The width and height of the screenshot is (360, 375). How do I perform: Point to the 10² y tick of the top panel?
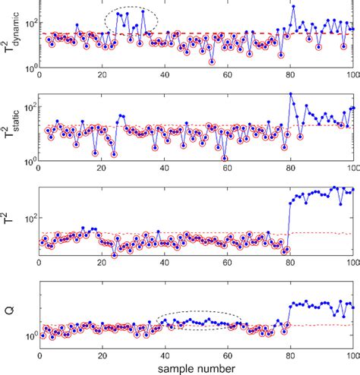click(x=28, y=24)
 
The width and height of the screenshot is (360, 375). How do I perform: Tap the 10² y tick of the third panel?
click(x=28, y=219)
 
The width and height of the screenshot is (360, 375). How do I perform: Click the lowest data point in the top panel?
click(x=212, y=61)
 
